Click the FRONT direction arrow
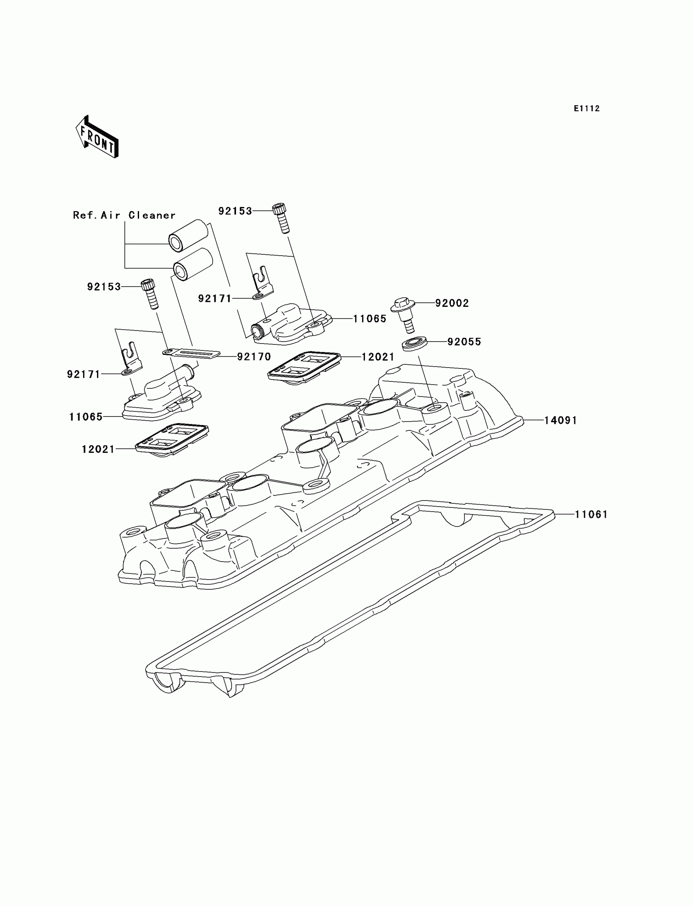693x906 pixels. coord(97,137)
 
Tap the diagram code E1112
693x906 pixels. coord(587,109)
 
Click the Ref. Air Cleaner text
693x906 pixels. coord(124,215)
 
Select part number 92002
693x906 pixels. coord(452,304)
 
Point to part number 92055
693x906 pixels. coord(464,342)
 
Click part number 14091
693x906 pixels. coord(561,420)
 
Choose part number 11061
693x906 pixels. coord(591,514)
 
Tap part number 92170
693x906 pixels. coord(254,357)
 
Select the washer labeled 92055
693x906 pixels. coord(414,344)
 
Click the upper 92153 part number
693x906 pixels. coord(235,211)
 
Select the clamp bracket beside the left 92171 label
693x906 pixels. coord(132,360)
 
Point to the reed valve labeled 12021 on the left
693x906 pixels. coord(172,440)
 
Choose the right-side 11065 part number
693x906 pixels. coord(370,319)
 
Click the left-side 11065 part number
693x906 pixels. coord(86,417)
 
